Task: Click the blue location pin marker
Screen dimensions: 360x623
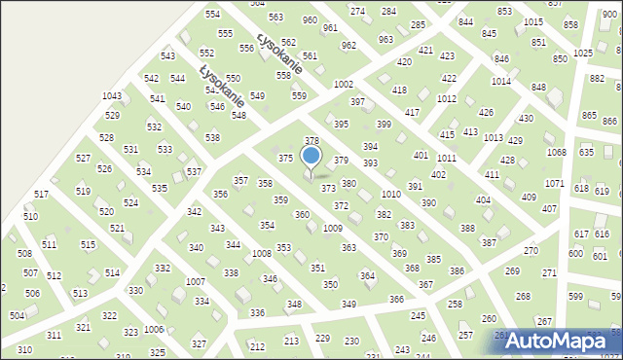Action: point(311,157)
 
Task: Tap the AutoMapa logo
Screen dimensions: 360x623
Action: point(561,340)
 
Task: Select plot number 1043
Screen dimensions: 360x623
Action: point(112,96)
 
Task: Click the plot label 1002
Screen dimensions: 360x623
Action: point(343,86)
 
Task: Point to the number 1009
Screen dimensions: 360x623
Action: point(332,228)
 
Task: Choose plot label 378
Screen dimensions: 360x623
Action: point(311,141)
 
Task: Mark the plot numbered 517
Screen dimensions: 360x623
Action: point(41,195)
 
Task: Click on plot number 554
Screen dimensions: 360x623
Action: point(212,15)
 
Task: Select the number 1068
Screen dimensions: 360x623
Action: point(556,152)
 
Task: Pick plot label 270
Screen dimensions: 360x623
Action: point(531,251)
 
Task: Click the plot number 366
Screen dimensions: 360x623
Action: point(396,300)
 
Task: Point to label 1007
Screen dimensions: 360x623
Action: point(195,282)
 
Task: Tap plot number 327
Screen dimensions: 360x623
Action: point(199,344)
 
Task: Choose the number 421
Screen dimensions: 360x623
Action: point(425,50)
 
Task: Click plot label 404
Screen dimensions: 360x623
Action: point(483,200)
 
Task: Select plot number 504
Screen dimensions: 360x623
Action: point(17,316)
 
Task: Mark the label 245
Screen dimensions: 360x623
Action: point(419,316)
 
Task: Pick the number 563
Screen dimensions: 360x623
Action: point(275,18)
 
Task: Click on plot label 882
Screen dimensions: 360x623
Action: point(596,78)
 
